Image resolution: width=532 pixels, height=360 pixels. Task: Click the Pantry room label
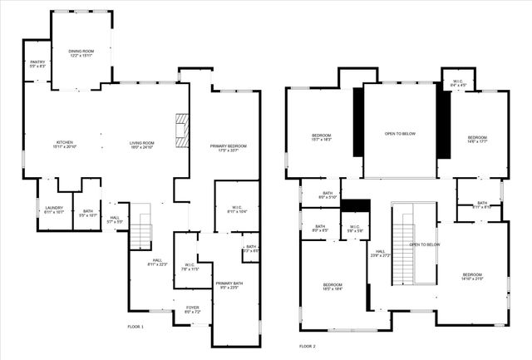click(x=37, y=64)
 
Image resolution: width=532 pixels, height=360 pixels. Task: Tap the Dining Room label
click(x=81, y=54)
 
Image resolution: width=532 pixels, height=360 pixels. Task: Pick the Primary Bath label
click(x=227, y=285)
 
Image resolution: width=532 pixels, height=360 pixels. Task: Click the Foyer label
click(x=192, y=309)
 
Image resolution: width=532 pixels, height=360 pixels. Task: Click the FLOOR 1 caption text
click(x=135, y=327)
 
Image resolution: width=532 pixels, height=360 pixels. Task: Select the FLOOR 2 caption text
click(x=308, y=345)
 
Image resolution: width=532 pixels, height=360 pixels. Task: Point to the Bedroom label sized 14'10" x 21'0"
click(x=472, y=276)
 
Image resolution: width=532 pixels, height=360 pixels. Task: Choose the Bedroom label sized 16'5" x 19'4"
click(x=332, y=288)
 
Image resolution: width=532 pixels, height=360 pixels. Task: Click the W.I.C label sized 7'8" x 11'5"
click(x=190, y=267)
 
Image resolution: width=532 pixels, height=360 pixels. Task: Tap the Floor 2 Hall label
click(x=380, y=253)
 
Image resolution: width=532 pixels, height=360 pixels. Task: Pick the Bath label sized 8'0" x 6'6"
click(x=320, y=228)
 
